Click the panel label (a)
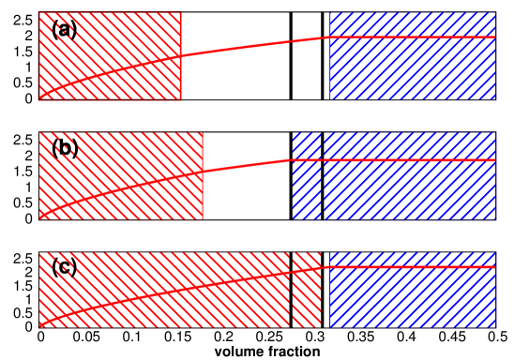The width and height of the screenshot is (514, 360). pyautogui.click(x=65, y=30)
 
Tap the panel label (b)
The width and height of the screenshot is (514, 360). pyautogui.click(x=65, y=148)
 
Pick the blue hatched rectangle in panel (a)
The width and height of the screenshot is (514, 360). pyautogui.click(x=413, y=70)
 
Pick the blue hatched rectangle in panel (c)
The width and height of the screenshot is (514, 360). pyautogui.click(x=413, y=300)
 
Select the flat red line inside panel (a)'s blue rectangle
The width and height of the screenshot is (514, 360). pyautogui.click(x=413, y=37)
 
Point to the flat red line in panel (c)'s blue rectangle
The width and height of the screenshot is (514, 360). pyautogui.click(x=413, y=267)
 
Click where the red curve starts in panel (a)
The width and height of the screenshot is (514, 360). pyautogui.click(x=39, y=97)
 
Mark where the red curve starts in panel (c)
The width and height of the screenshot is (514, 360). pyautogui.click(x=39, y=327)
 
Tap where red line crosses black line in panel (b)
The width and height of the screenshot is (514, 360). pyautogui.click(x=323, y=160)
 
